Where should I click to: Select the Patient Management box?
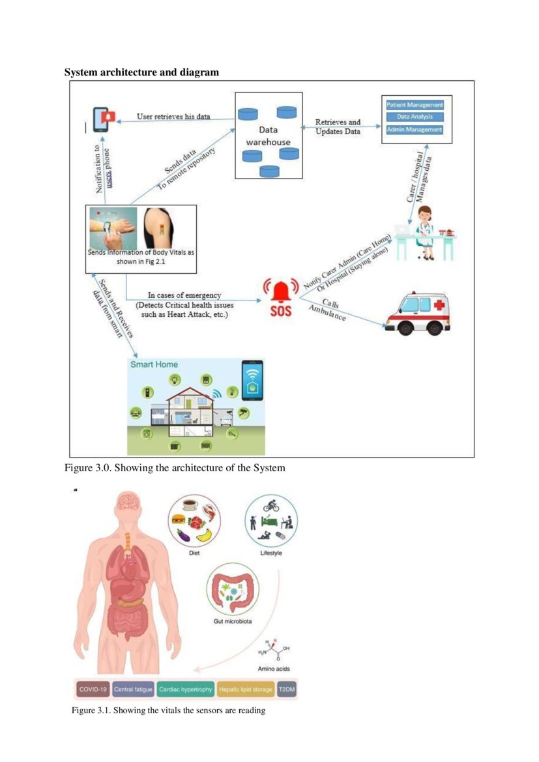[x=415, y=104]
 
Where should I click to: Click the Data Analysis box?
[x=415, y=117]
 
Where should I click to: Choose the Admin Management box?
[x=415, y=130]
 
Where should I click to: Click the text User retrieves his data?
[x=173, y=117]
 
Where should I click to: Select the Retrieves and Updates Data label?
[x=338, y=126]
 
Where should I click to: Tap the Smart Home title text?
[x=154, y=364]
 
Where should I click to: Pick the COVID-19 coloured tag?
[x=93, y=689]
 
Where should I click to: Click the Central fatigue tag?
[x=133, y=689]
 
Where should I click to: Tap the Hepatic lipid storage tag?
[x=246, y=689]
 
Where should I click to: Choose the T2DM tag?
[x=287, y=689]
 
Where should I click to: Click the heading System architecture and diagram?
[x=141, y=72]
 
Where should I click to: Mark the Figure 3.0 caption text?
[x=175, y=468]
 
